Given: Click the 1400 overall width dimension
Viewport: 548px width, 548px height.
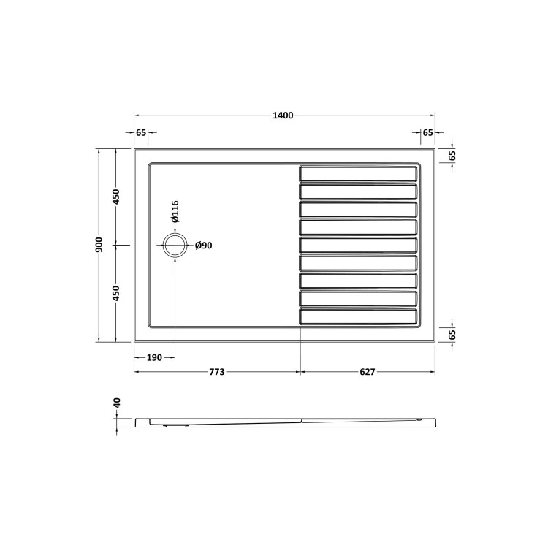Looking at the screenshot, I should (x=283, y=115).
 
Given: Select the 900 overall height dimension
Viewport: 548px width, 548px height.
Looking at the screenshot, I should (x=99, y=245).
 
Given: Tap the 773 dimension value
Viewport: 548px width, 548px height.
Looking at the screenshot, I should (x=216, y=373).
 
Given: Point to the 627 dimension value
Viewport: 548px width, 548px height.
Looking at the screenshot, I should (x=367, y=373).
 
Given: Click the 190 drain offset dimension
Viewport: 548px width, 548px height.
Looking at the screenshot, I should (x=154, y=357).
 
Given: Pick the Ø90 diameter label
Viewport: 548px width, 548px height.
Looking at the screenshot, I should (x=204, y=246).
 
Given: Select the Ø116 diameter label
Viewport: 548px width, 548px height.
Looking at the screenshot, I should (x=176, y=211).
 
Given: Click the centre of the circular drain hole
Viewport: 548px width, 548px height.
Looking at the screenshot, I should (x=175, y=246).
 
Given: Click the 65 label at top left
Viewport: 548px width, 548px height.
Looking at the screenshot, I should (x=142, y=132).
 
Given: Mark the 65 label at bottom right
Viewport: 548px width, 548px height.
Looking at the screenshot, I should (x=452, y=334).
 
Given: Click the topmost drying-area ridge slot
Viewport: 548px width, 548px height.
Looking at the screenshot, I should (x=358, y=174).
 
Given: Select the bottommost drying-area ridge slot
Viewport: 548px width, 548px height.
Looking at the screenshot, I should (x=358, y=317).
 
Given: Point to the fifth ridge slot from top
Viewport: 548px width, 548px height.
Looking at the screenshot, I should (x=358, y=246).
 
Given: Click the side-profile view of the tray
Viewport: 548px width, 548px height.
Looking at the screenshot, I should (x=285, y=422).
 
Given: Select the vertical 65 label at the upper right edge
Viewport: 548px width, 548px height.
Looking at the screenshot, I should (x=452, y=156).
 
